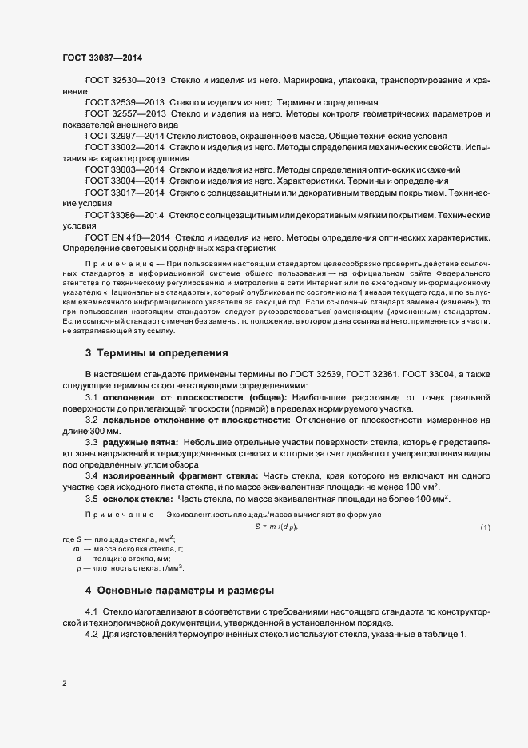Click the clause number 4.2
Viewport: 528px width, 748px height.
click(91, 634)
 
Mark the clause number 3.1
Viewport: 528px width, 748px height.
click(91, 397)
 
